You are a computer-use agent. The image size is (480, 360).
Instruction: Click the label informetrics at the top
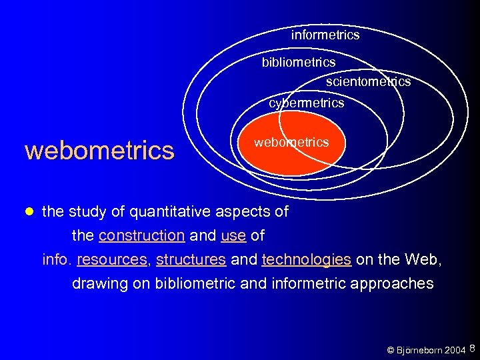[x=325, y=35]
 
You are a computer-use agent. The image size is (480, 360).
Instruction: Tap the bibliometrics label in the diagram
[x=298, y=62]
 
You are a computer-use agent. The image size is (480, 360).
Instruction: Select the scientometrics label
[x=368, y=81]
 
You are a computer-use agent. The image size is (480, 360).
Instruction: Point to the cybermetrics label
[x=306, y=103]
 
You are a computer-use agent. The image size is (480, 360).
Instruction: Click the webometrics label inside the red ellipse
[x=291, y=142]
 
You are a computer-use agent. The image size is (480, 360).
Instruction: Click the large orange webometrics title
[x=99, y=150]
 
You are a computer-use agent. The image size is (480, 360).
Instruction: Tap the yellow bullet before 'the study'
[x=28, y=212]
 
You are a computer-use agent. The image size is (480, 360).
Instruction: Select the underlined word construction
[x=141, y=235]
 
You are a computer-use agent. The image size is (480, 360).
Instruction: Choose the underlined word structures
[x=191, y=259]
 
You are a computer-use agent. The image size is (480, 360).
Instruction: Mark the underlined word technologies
[x=307, y=259]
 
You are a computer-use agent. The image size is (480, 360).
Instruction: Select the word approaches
[x=388, y=283]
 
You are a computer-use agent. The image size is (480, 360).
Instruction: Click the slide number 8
[x=472, y=348]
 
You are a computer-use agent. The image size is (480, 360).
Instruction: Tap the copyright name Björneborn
[x=420, y=350]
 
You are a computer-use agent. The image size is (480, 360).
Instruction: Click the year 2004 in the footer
[x=455, y=350]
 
